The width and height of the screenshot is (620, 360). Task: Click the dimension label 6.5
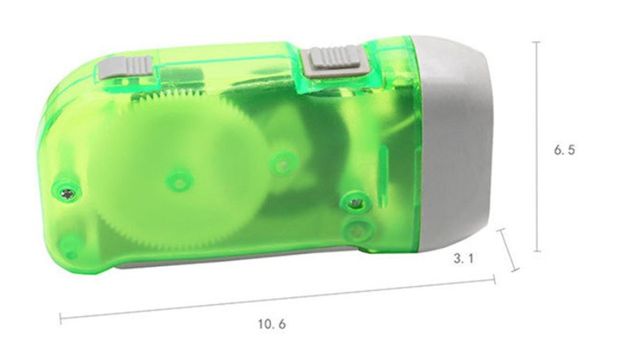[564, 150]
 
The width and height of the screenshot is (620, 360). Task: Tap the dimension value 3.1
[463, 259]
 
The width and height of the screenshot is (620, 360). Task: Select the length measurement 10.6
[271, 324]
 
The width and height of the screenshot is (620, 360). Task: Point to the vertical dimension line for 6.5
[536, 146]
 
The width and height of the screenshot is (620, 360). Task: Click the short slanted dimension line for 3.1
[509, 250]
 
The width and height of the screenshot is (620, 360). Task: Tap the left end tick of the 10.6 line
[60, 319]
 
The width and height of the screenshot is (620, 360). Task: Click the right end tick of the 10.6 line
[494, 279]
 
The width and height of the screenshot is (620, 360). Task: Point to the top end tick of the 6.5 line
[536, 42]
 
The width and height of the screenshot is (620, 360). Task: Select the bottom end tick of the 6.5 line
[536, 251]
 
